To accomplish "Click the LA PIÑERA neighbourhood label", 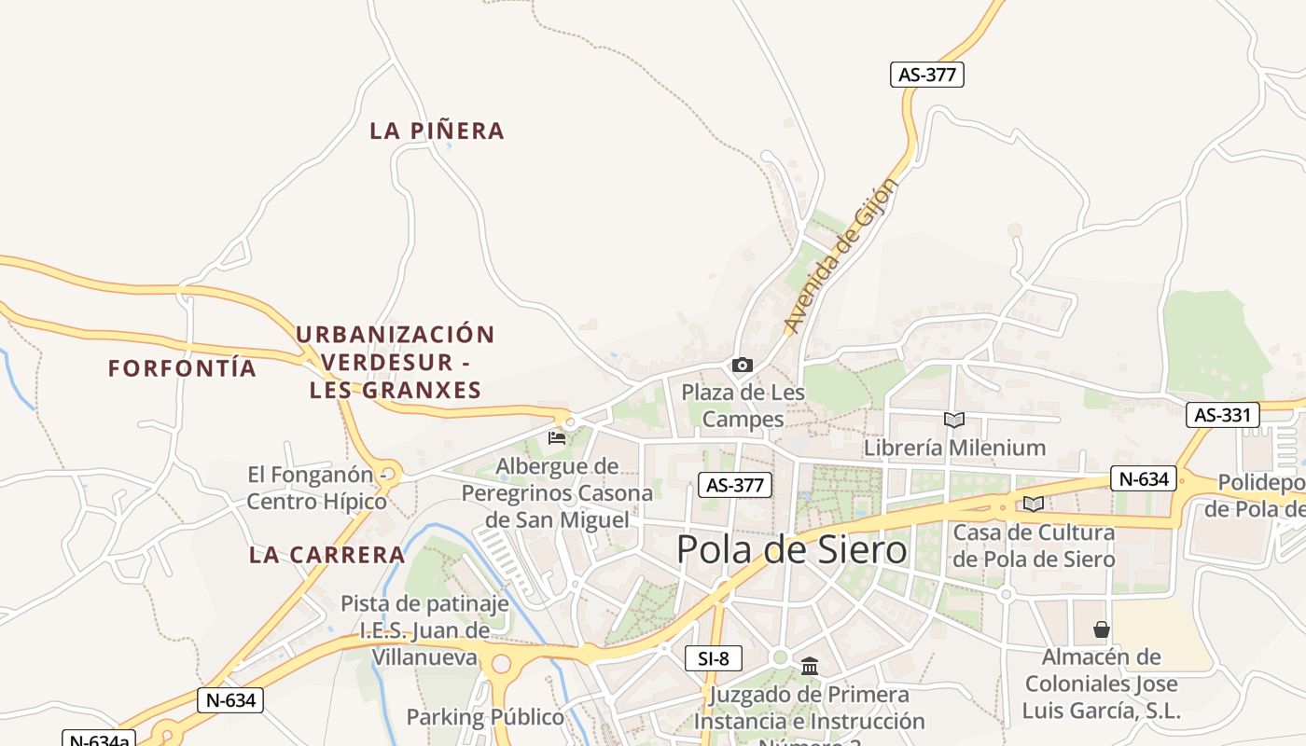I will click(x=437, y=131).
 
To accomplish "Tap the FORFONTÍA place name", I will click(x=182, y=368).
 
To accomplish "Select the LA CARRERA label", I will click(x=326, y=555).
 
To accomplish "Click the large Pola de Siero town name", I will click(x=791, y=549).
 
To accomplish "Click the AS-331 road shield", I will click(x=1222, y=415).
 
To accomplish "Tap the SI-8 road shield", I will click(x=713, y=658).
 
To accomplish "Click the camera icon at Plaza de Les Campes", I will click(x=742, y=366).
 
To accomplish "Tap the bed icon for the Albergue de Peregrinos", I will click(x=557, y=437).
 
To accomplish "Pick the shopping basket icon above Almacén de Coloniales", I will click(x=1101, y=629).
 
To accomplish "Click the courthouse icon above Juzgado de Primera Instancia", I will click(x=809, y=666).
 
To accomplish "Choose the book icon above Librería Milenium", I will click(x=953, y=421).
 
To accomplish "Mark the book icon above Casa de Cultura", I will click(x=1033, y=504).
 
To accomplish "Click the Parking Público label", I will click(x=485, y=717).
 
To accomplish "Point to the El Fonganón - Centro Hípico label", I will click(x=317, y=488).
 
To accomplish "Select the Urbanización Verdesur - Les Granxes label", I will click(x=395, y=362).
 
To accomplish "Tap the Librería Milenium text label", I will click(x=954, y=448).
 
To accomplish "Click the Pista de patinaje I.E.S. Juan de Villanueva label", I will click(x=425, y=630).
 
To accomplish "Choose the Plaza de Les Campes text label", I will click(x=743, y=406).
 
